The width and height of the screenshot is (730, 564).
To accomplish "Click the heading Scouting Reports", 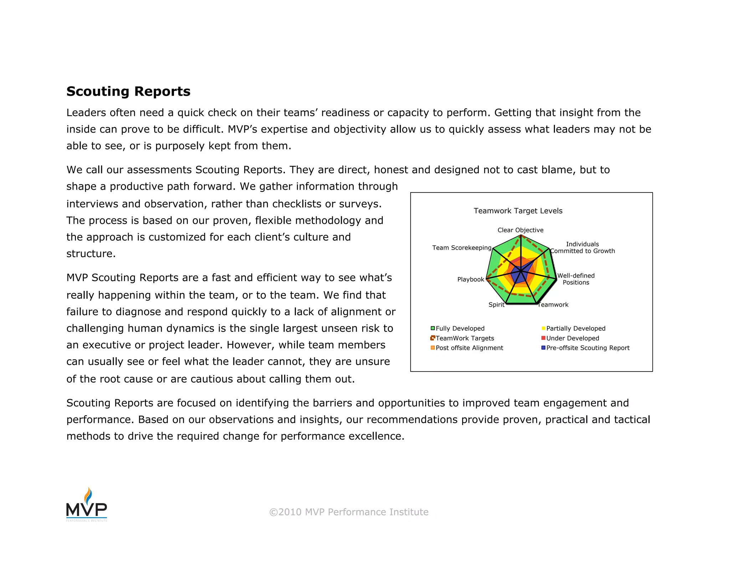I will click(x=128, y=91).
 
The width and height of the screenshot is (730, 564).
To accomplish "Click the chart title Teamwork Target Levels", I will click(x=518, y=211).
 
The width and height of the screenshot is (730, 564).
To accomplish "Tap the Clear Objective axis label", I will click(x=520, y=230).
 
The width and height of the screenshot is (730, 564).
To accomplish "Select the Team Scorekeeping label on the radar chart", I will click(x=462, y=247).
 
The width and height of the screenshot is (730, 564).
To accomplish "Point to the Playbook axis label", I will click(x=471, y=279).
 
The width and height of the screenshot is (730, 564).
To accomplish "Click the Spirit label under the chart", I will click(x=496, y=304).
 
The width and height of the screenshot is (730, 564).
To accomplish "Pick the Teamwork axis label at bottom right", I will click(x=553, y=304).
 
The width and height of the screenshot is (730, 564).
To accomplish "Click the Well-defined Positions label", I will click(x=576, y=279).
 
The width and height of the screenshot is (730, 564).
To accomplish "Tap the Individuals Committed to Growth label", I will click(x=582, y=247).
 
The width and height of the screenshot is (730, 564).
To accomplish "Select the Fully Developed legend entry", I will click(x=460, y=328).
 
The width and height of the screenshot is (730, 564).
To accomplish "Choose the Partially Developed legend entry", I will click(x=575, y=328).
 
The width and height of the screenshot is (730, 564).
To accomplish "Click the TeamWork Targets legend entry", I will click(x=464, y=338).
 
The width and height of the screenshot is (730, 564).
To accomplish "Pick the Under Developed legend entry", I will click(x=572, y=338).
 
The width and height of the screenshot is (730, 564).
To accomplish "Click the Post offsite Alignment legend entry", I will click(x=469, y=348).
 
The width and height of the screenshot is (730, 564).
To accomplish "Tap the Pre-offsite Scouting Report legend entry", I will click(x=587, y=348).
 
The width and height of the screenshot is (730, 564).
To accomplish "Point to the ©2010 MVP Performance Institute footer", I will click(x=349, y=512).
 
